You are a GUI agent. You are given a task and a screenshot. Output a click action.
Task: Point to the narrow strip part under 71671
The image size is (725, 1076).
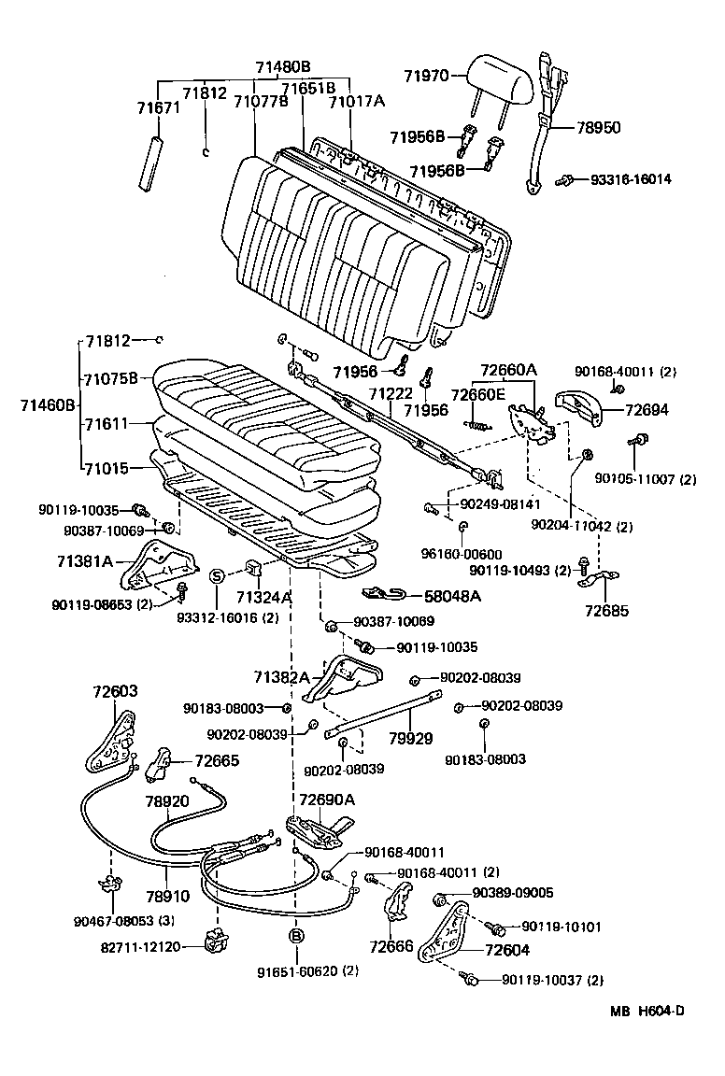(150, 163)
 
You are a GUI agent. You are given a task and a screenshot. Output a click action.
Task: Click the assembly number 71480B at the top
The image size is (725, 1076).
(282, 66)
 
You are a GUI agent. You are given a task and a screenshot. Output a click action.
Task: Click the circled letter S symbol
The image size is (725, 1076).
(216, 575)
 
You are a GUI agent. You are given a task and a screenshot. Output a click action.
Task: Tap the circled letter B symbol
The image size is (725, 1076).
(295, 935)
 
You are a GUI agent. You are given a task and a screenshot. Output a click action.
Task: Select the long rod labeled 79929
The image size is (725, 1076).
(383, 713)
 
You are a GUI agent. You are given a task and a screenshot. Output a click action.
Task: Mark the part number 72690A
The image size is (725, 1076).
(327, 800)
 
